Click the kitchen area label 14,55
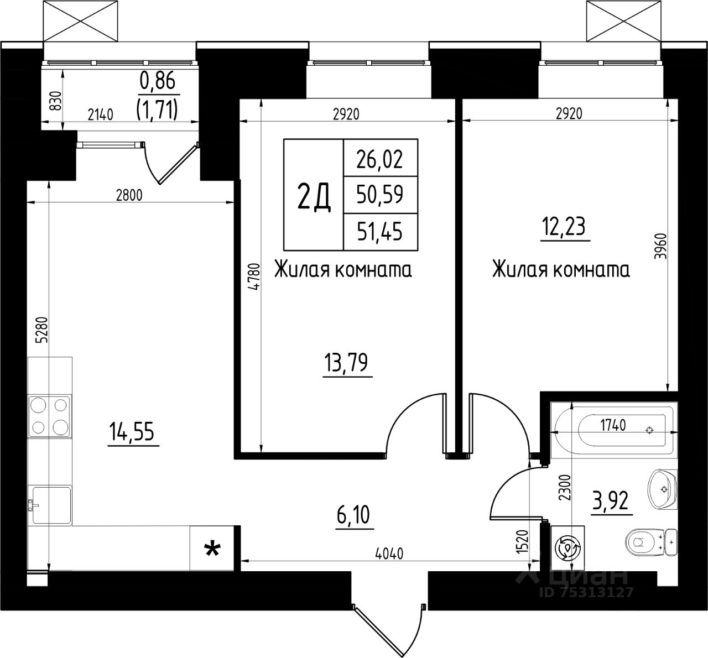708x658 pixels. pyautogui.click(x=132, y=431)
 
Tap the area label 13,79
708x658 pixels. pyautogui.click(x=346, y=363)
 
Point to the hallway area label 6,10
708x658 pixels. pyautogui.click(x=353, y=515)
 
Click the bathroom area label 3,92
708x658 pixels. pyautogui.click(x=610, y=500)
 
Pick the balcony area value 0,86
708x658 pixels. pyautogui.click(x=158, y=80)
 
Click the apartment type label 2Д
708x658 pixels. pyautogui.click(x=314, y=200)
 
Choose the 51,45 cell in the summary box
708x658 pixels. pyautogui.click(x=379, y=231)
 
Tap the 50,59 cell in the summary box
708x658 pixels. pyautogui.click(x=379, y=195)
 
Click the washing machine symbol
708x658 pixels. pyautogui.click(x=568, y=548)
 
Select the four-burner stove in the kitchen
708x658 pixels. pyautogui.click(x=49, y=416)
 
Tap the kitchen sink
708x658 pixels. pyautogui.click(x=50, y=505)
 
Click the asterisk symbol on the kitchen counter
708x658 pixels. pyautogui.click(x=212, y=550)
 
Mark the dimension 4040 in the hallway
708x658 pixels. pyautogui.click(x=389, y=553)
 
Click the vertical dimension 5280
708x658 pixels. pyautogui.click(x=41, y=330)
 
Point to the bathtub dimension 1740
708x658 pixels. pyautogui.click(x=613, y=425)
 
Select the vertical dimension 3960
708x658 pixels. pyautogui.click(x=660, y=246)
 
